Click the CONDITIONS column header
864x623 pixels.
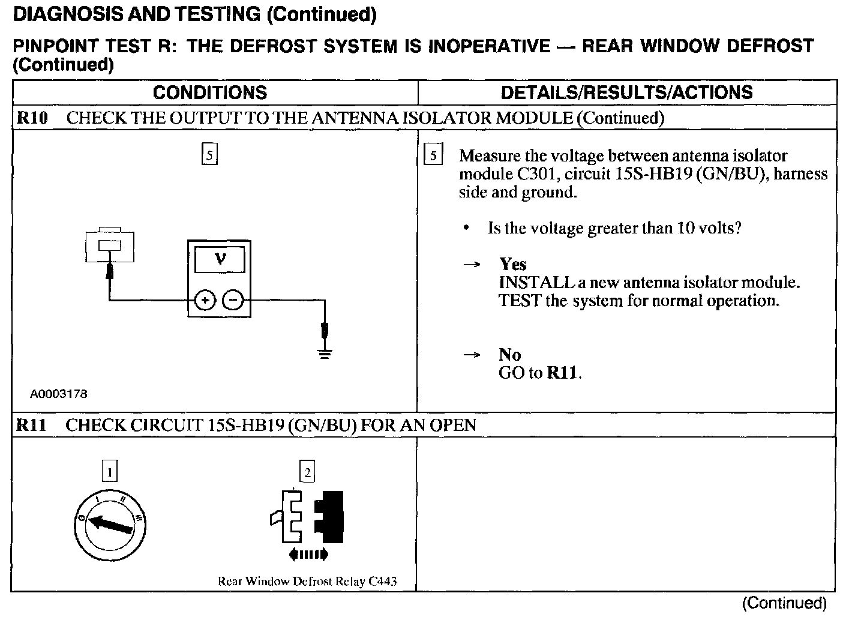(x=209, y=92)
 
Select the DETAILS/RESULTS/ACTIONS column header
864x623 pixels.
(x=626, y=92)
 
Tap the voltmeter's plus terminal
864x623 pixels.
(x=205, y=300)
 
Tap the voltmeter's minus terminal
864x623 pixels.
(x=233, y=300)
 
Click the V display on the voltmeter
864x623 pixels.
(x=220, y=260)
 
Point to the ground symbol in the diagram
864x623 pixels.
(x=325, y=352)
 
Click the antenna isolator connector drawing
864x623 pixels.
(x=110, y=244)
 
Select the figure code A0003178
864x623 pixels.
(x=59, y=394)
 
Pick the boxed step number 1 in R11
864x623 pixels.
(x=110, y=472)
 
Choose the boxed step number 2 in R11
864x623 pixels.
(x=307, y=472)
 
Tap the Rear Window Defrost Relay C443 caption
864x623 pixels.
(x=307, y=581)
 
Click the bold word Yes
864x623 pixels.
(x=512, y=264)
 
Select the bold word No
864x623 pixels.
(x=509, y=355)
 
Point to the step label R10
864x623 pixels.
(x=32, y=118)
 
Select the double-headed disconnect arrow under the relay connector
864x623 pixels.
(x=308, y=555)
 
